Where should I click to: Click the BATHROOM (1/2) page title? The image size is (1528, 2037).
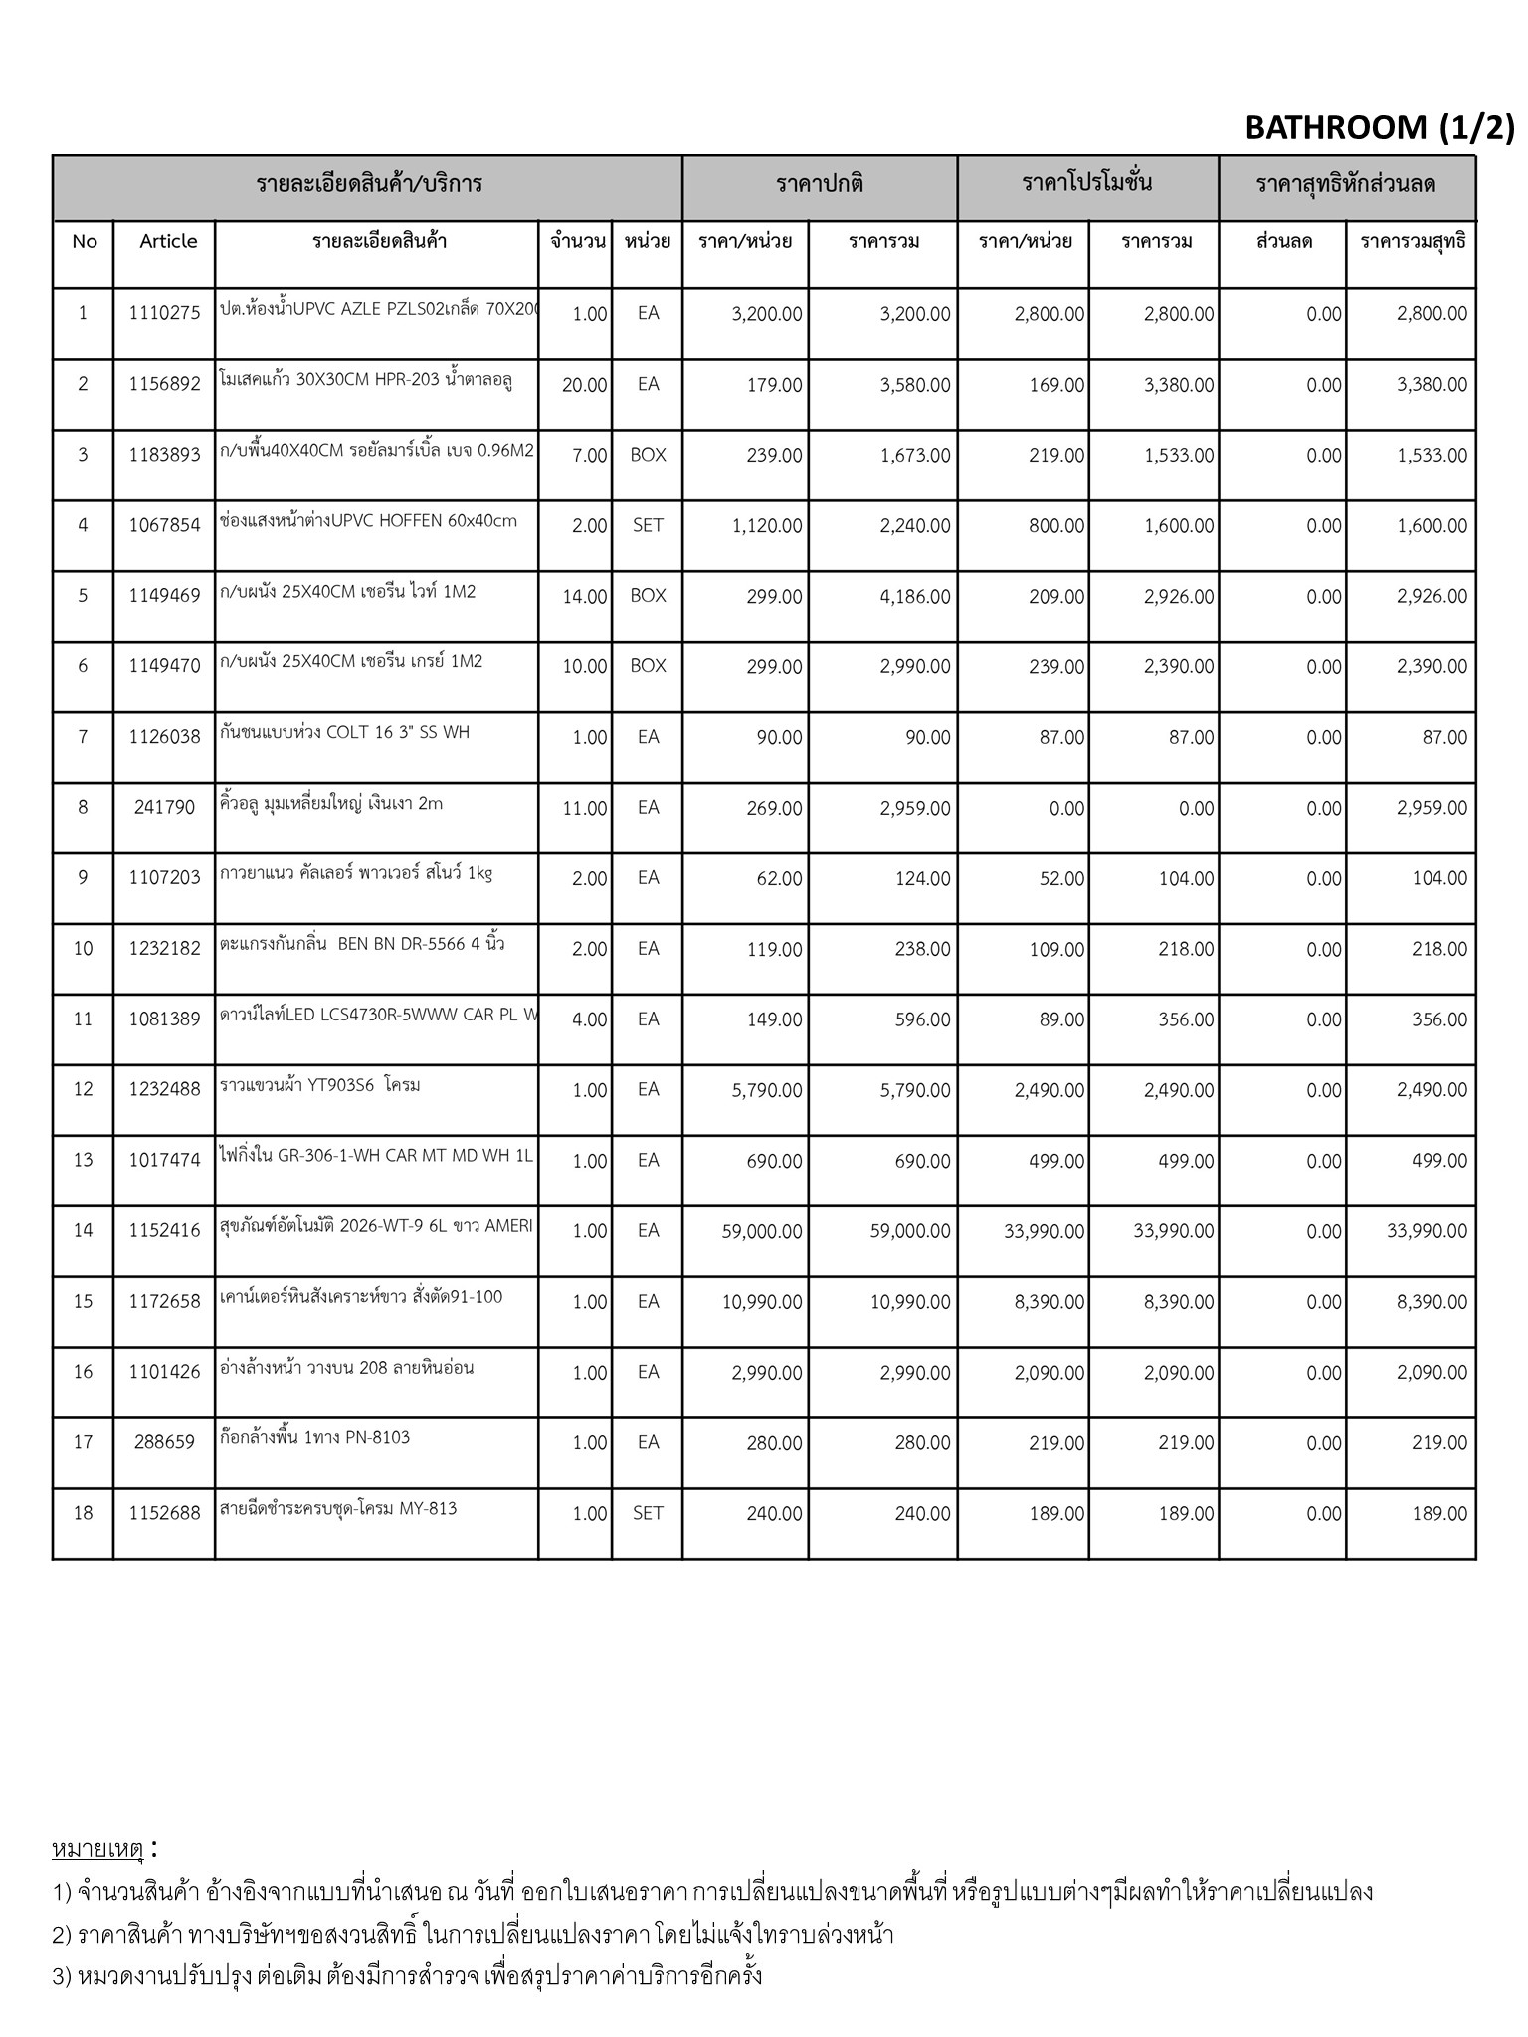point(1379,128)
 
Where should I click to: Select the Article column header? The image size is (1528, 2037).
point(168,241)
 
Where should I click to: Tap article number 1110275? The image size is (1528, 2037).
point(164,314)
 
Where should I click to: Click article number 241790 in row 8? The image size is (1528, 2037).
point(164,808)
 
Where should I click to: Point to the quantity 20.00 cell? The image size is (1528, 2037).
point(584,385)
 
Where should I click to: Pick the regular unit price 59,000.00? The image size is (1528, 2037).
point(762,1231)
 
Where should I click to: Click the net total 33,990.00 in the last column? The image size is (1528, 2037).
point(1427,1231)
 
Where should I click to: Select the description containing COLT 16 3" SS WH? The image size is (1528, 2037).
point(344,733)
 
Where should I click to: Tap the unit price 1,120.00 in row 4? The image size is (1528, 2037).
point(766,526)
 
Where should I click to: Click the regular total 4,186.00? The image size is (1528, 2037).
point(914,597)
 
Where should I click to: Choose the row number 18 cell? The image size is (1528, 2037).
point(83,1513)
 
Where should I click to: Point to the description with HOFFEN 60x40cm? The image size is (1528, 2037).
point(368,521)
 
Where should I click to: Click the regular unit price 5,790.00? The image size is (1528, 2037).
point(766,1090)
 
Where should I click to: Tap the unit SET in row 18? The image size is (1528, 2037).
point(648,1513)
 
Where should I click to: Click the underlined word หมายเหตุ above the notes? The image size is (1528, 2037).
point(98,1850)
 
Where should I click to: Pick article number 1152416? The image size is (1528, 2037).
point(164,1231)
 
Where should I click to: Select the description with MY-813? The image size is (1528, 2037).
point(338,1509)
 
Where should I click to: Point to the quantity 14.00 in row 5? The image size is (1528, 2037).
point(584,597)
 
